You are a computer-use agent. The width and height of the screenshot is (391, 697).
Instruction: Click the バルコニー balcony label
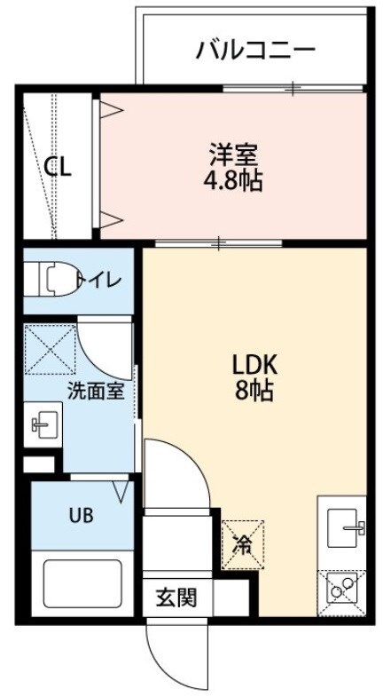point(255,49)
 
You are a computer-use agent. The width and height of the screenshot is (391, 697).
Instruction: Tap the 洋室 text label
point(233,154)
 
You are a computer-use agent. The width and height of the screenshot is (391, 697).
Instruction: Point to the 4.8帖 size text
point(233,181)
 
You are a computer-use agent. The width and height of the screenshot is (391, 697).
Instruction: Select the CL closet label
point(58,167)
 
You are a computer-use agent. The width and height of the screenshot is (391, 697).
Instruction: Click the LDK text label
point(255,364)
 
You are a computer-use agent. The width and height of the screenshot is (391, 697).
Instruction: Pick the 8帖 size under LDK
point(255,391)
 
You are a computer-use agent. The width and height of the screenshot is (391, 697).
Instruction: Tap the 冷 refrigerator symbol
point(241,543)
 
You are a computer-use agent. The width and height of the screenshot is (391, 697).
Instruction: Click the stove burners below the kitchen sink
point(343,589)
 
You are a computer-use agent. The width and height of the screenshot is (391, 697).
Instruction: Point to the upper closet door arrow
point(110,110)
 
